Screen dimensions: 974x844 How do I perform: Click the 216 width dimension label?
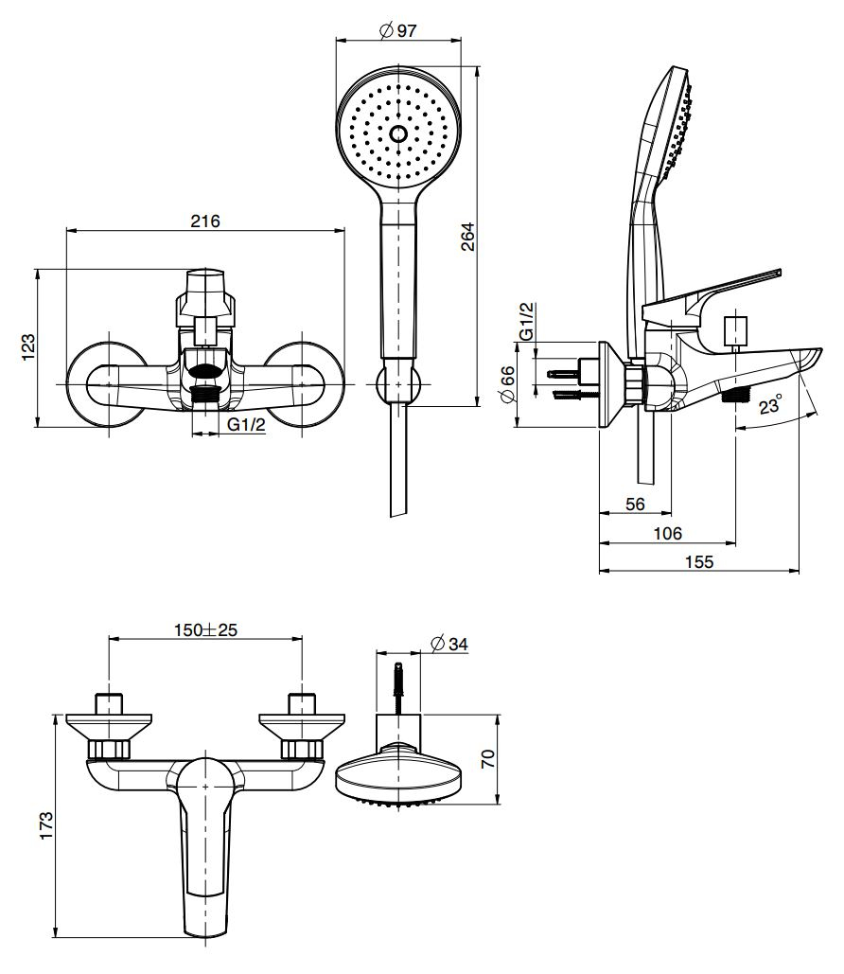tap(205, 221)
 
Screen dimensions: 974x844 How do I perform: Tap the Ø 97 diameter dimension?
tap(397, 30)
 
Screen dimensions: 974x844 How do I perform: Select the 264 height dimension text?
tap(467, 237)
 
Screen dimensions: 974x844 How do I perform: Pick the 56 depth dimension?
tap(635, 505)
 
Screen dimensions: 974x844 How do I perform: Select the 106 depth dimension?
tap(667, 533)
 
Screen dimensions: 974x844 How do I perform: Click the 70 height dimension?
tap(487, 759)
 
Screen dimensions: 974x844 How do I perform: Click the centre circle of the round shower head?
tap(398, 133)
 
